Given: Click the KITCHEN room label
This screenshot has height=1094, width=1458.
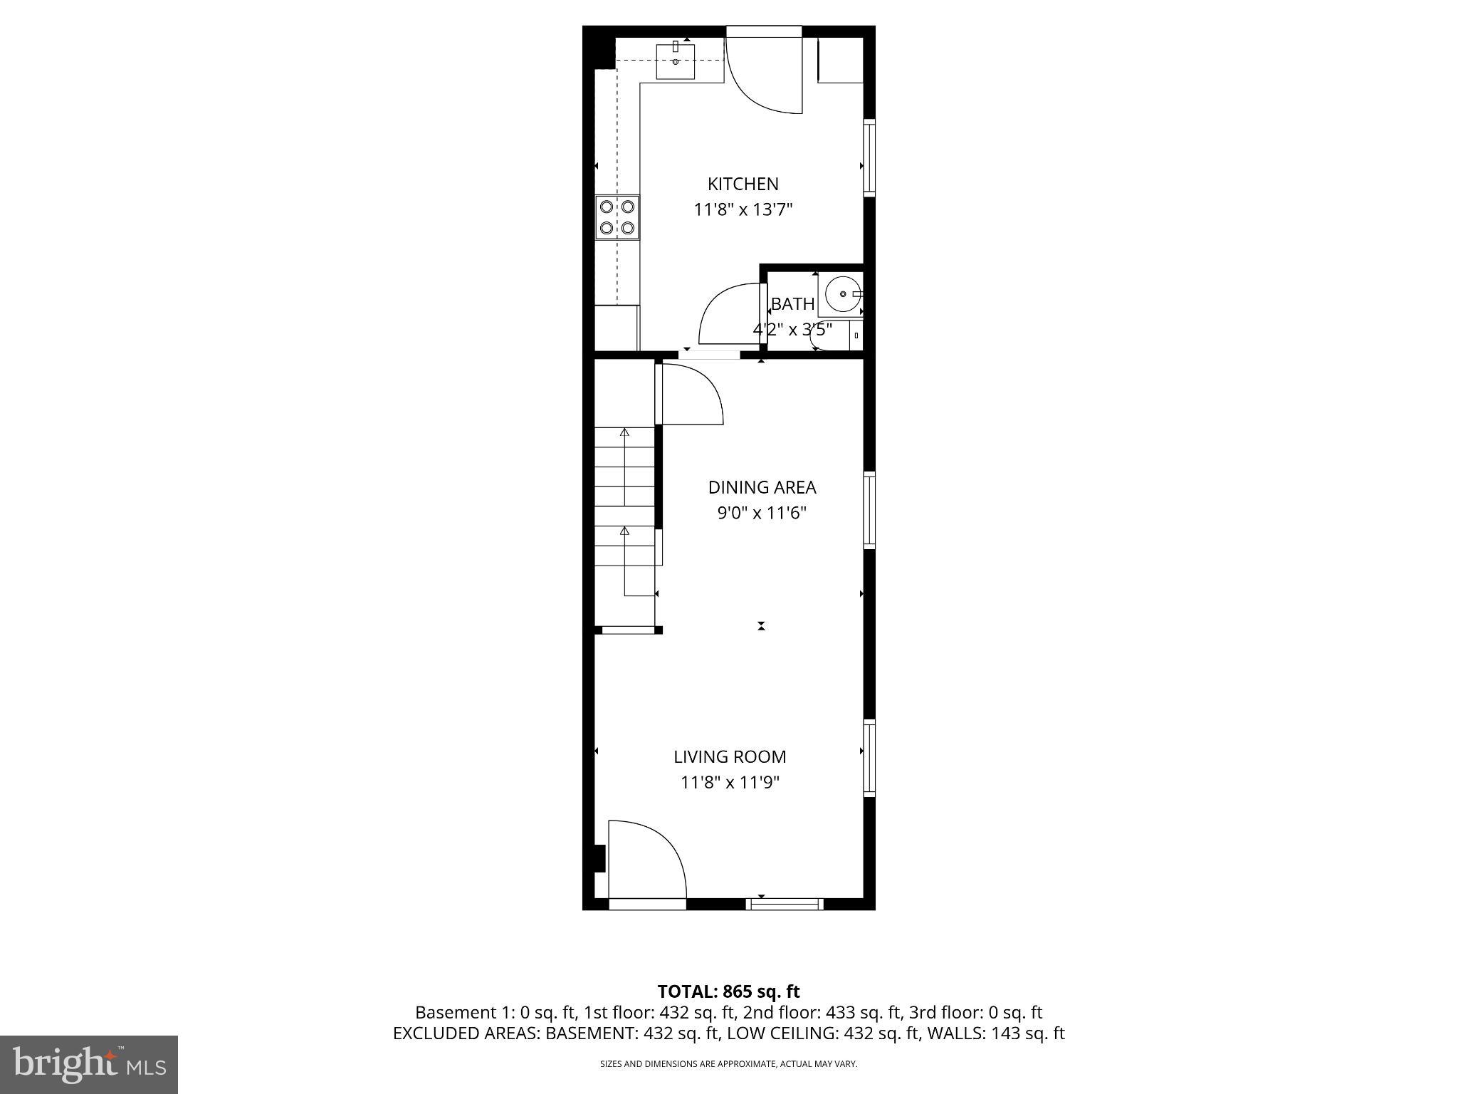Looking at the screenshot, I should point(743,184).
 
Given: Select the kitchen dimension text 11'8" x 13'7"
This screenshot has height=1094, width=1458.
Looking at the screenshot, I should point(743,210).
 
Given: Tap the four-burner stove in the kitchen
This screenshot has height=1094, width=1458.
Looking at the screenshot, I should point(617,217).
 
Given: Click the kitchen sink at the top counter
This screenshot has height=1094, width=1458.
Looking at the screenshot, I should point(675,61).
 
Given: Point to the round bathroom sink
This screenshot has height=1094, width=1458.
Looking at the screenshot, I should point(843,294).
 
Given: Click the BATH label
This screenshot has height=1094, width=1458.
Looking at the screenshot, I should point(792,304).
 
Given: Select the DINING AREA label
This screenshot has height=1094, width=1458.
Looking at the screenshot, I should point(762,487).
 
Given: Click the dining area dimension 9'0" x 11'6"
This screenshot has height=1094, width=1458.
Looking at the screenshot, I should point(762,514).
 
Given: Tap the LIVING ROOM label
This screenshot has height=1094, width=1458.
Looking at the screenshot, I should point(730,756).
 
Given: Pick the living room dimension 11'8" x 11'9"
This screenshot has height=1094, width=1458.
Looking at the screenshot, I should point(730,783).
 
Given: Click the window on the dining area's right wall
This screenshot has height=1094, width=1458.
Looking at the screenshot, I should point(869,510).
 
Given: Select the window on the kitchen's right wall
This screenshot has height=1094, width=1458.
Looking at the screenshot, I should point(869,157).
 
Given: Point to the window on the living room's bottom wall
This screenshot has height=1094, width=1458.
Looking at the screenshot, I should point(785,905).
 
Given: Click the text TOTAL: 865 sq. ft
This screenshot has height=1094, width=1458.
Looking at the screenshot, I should point(728,991).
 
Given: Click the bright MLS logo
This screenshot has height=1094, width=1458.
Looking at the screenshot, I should point(88,1064).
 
